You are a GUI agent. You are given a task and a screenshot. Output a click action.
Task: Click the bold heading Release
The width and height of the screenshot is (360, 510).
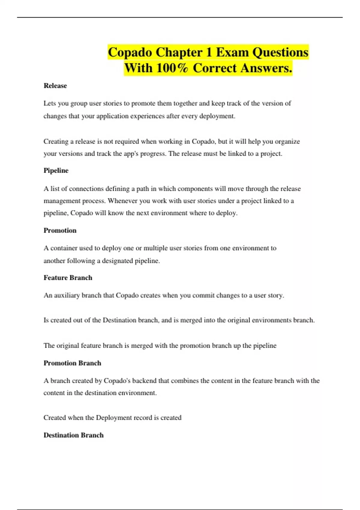tap(55, 86)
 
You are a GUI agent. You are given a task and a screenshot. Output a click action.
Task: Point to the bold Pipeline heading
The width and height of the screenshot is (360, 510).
tap(56, 170)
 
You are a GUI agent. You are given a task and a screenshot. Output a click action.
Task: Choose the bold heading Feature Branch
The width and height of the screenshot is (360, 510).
tap(68, 278)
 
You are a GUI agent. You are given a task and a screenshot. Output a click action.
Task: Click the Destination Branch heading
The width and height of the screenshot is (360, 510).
tap(73, 435)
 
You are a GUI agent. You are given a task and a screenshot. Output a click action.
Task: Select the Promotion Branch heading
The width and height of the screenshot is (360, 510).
tap(72, 363)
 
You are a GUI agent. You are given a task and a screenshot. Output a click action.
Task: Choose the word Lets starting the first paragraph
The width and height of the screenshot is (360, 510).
tap(49, 103)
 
